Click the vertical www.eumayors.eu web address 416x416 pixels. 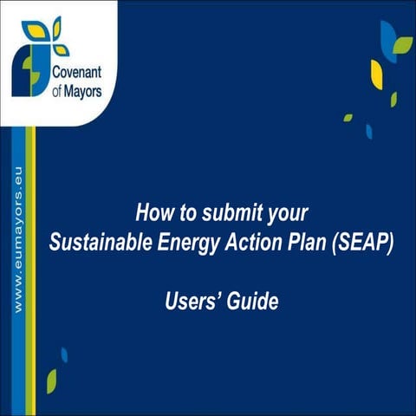point(15,234)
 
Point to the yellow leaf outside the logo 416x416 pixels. point(377,75)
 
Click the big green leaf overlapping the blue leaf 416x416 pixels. point(402,45)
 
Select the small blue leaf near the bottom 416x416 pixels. point(64,354)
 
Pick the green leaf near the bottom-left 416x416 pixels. point(52,380)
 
